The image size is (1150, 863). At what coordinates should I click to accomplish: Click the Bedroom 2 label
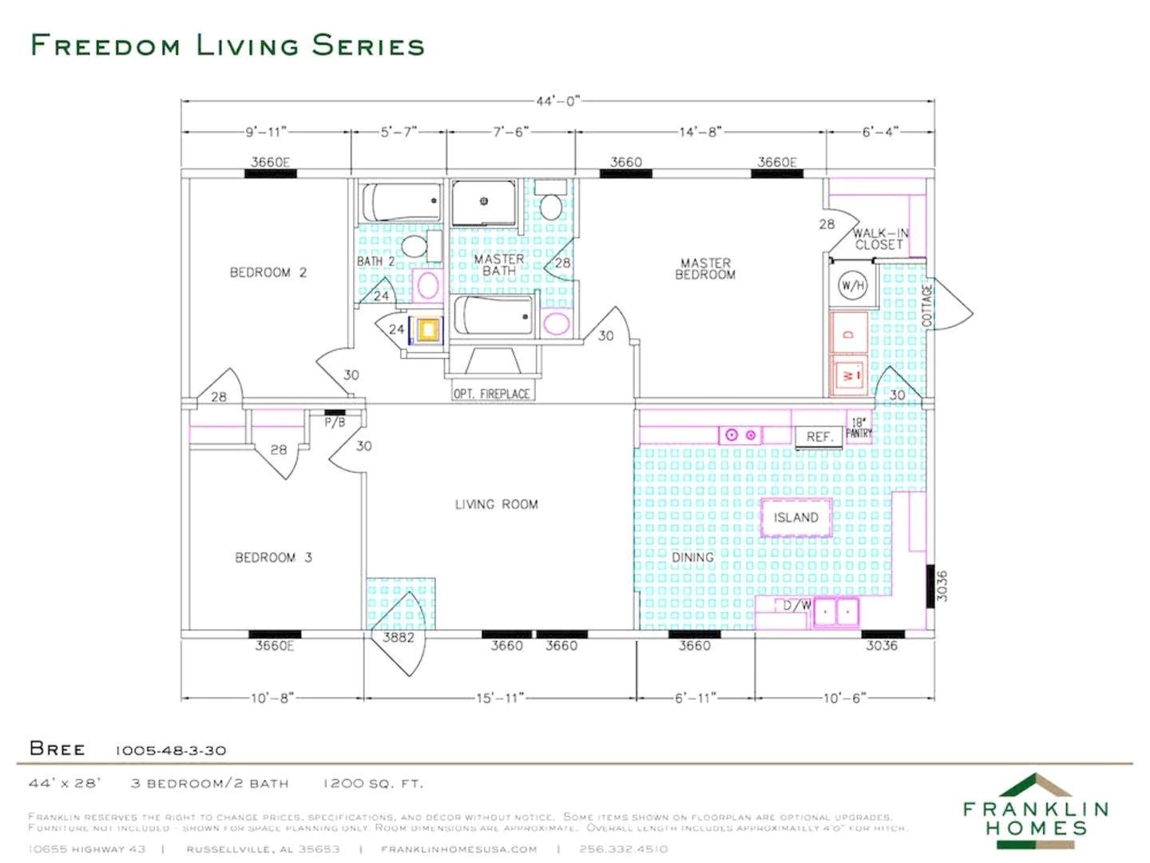(x=268, y=272)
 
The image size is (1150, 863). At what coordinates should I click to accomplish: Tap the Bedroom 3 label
(x=273, y=558)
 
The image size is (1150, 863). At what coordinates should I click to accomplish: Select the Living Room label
(x=496, y=504)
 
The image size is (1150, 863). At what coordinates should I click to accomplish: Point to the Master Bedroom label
(x=705, y=268)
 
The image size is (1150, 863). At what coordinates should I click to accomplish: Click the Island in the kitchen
(x=795, y=517)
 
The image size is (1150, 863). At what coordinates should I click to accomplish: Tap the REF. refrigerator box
(x=819, y=437)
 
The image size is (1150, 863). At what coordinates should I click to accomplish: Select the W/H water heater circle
(x=852, y=285)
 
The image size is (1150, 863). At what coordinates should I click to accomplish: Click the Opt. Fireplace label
(x=491, y=393)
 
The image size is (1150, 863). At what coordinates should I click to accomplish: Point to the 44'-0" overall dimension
(x=557, y=101)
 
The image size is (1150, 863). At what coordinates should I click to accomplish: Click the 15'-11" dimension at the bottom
(x=500, y=698)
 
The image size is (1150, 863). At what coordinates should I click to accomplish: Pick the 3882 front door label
(x=398, y=637)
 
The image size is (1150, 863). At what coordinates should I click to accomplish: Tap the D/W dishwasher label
(x=796, y=605)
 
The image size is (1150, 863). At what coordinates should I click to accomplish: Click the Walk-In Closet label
(x=879, y=239)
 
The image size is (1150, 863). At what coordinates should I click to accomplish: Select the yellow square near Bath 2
(x=428, y=329)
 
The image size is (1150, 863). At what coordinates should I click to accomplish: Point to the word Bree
(x=57, y=749)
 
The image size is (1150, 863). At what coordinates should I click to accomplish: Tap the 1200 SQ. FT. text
(x=373, y=783)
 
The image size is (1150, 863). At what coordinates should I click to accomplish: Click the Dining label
(x=692, y=557)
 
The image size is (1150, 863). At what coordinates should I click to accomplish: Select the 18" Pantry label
(x=859, y=428)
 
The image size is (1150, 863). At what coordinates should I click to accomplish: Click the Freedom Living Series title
(x=228, y=46)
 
